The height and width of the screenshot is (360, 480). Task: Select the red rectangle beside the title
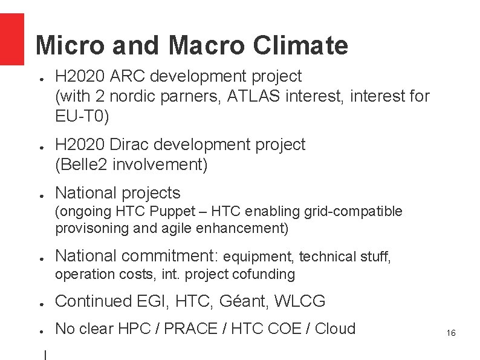(12, 39)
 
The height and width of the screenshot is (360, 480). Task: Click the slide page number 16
(450, 333)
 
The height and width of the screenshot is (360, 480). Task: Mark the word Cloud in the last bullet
(336, 329)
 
